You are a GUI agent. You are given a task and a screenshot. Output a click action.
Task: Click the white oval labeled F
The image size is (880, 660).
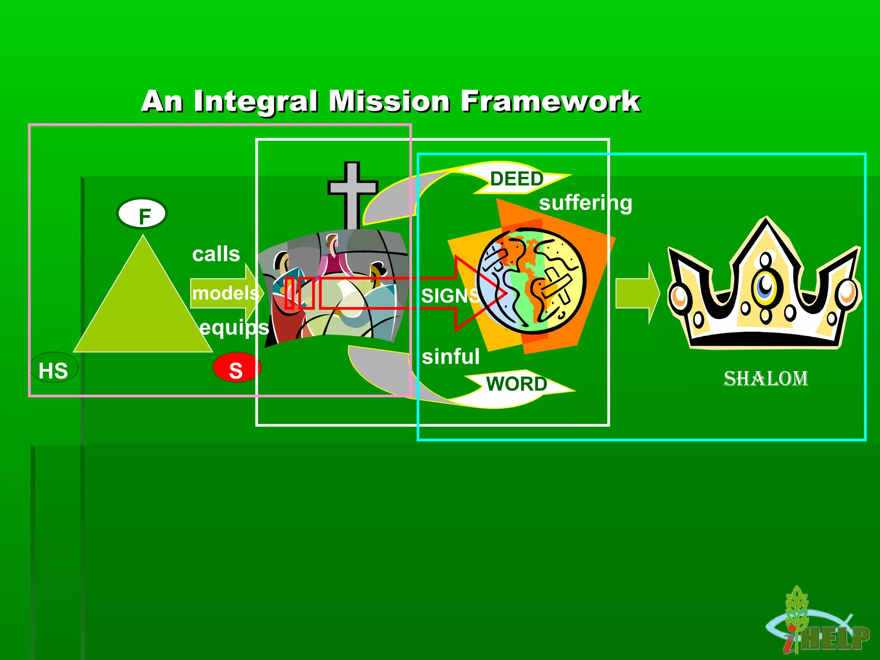pos(142,214)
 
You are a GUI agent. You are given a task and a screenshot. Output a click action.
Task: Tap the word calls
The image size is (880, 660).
pos(216,254)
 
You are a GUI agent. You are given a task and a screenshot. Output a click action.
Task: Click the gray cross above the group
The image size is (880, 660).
pos(352,193)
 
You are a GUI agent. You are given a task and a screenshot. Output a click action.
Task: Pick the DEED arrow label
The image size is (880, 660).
pos(517,179)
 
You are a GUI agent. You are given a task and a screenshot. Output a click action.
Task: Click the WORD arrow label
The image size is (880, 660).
pos(516,384)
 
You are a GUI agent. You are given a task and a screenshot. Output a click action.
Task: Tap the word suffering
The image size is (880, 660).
pos(585,203)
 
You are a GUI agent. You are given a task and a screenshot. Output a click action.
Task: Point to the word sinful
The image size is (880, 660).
pos(450,357)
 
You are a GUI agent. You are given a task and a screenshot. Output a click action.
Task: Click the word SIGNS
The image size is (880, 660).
pos(449,296)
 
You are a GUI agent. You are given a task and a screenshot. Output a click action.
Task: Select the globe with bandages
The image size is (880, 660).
pos(532,281)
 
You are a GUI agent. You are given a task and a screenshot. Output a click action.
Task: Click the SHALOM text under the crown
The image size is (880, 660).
pos(766,379)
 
